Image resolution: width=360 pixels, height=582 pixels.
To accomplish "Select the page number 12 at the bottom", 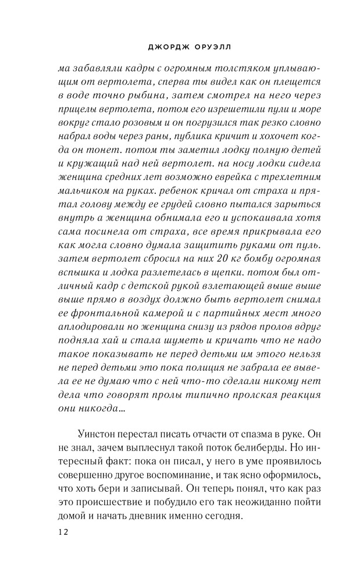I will pos(63,532).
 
